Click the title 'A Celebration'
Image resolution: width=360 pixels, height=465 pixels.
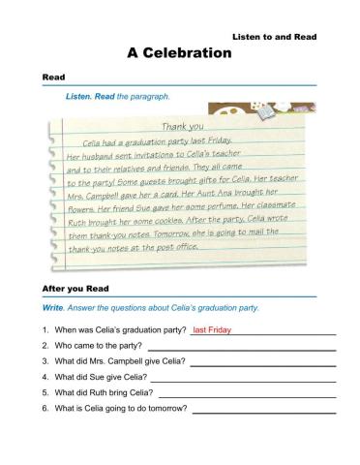[180, 53]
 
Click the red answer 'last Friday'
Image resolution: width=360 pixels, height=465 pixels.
[212, 330]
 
